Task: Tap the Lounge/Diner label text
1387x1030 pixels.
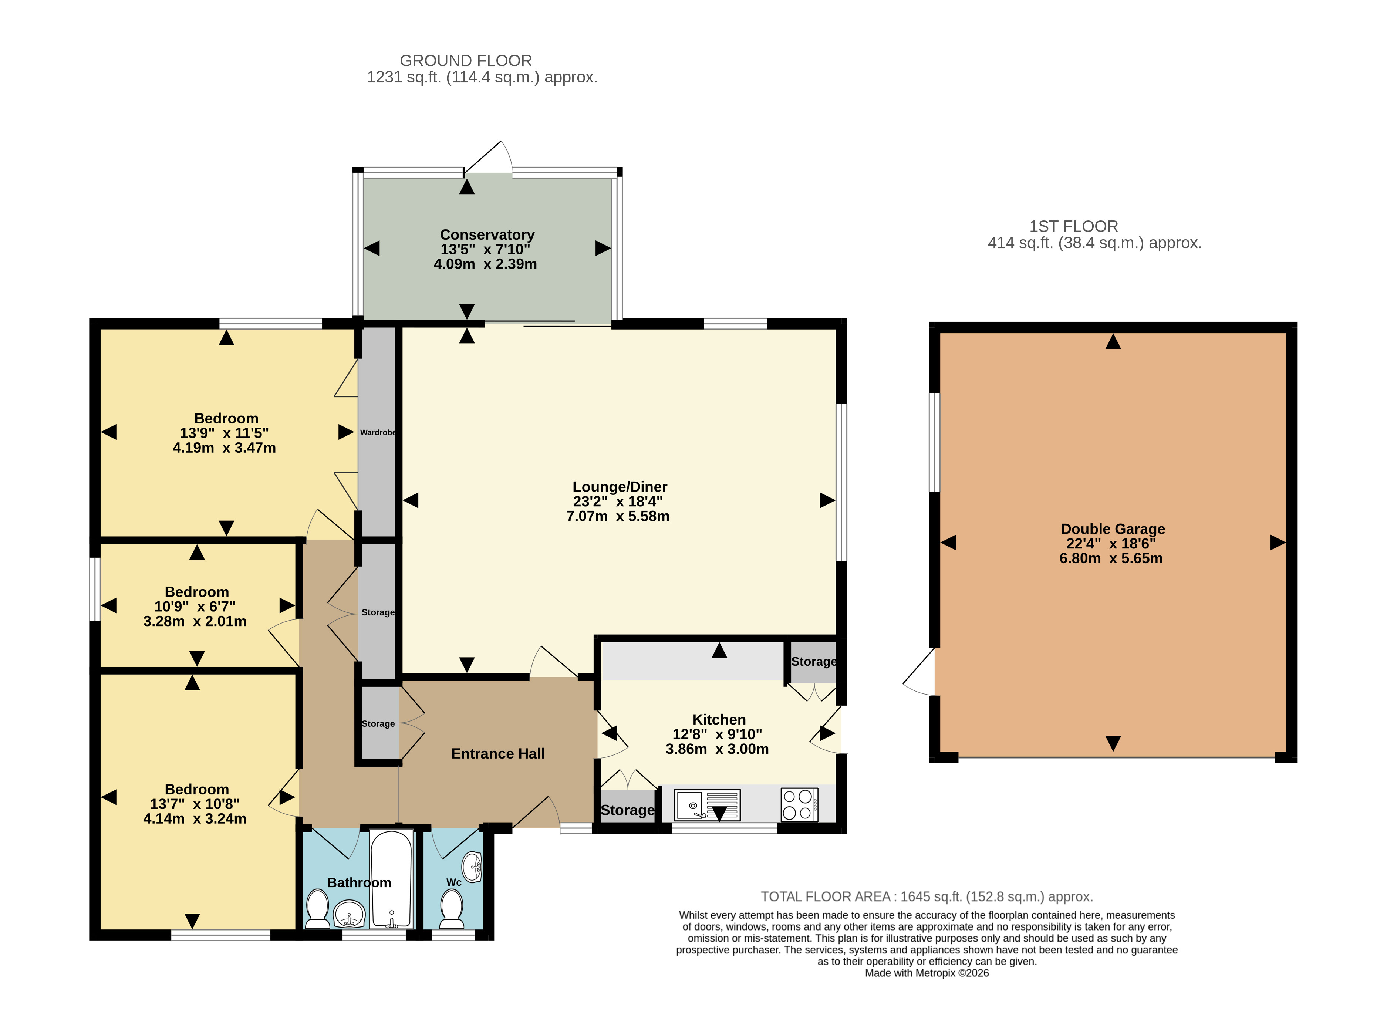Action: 620,487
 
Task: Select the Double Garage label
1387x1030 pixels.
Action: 1113,529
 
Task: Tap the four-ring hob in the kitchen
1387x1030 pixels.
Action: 799,804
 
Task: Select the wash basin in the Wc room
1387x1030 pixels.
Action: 473,867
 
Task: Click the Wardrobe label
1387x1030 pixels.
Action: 378,432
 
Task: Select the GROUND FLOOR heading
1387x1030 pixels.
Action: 466,61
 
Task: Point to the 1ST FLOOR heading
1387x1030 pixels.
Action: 1073,226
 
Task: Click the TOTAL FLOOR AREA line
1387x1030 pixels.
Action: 927,896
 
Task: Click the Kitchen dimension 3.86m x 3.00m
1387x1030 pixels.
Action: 717,749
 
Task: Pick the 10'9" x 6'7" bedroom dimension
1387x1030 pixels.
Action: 195,607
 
